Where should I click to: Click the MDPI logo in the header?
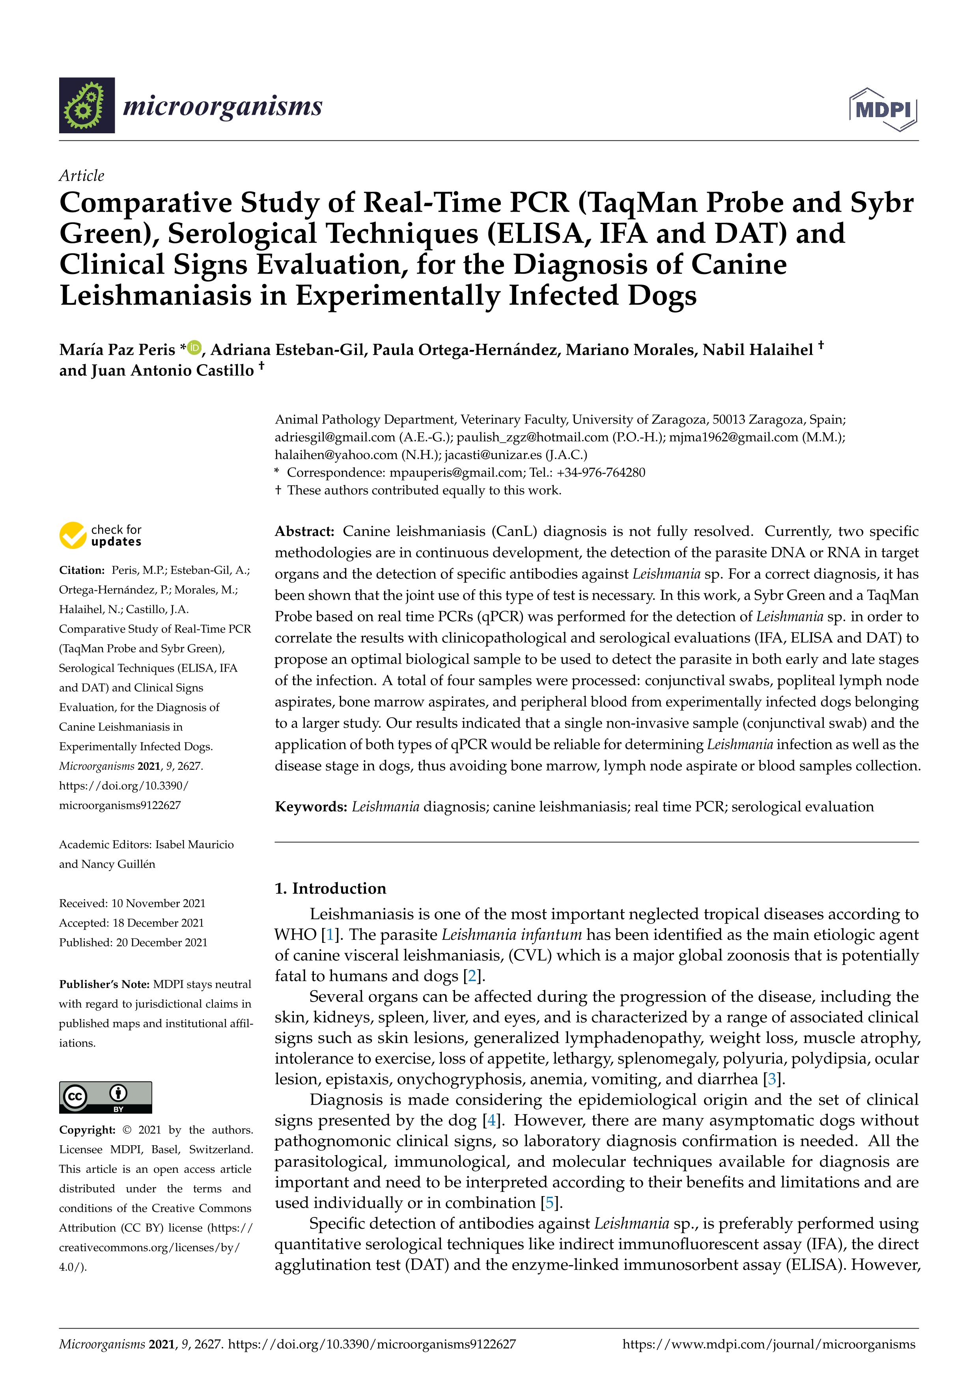(883, 110)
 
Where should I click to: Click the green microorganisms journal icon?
(87, 105)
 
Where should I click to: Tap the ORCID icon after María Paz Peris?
(194, 347)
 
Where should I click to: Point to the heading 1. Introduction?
(330, 888)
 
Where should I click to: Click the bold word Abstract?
(304, 531)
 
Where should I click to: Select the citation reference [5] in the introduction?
(550, 1203)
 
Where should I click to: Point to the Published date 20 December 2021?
(161, 942)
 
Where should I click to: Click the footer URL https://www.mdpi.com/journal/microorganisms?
(769, 1344)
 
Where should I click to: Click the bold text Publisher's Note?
(104, 984)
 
